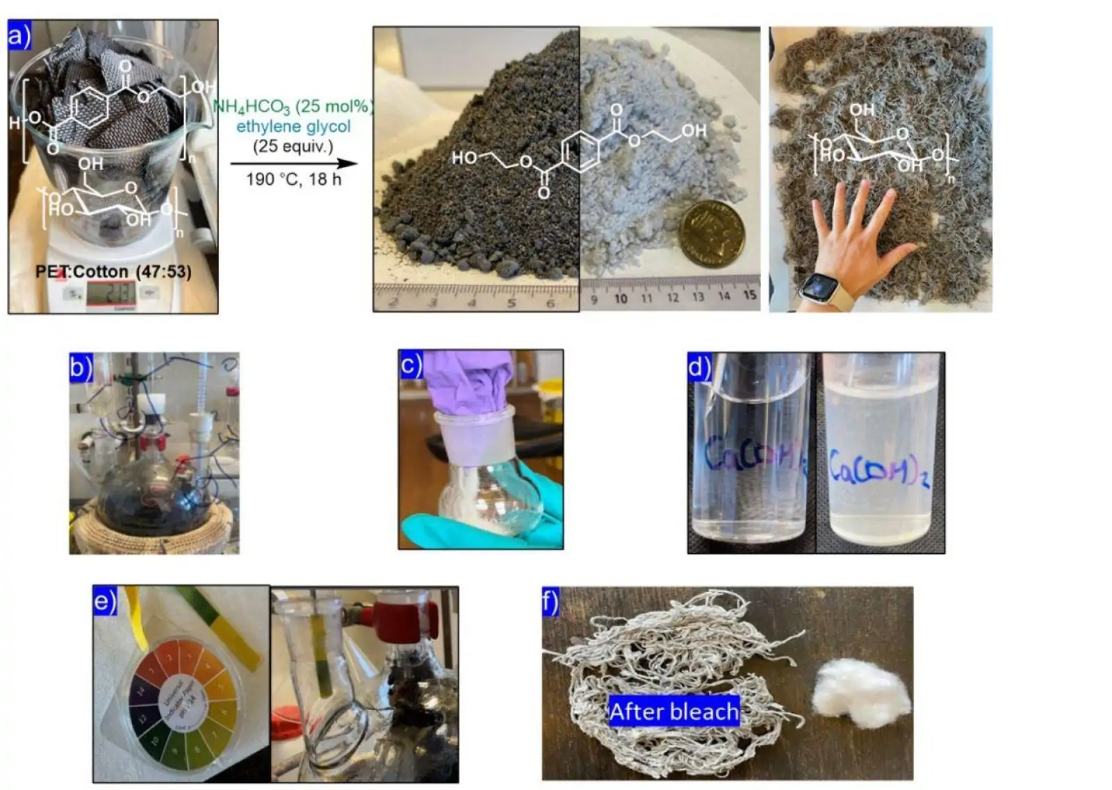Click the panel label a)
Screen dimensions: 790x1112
point(19,35)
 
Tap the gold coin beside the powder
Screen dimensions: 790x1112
point(711,235)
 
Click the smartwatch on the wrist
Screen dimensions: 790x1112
point(819,287)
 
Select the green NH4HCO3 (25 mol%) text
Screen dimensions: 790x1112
point(293,106)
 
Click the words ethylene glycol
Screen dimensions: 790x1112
point(293,126)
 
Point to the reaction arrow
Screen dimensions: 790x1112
point(293,164)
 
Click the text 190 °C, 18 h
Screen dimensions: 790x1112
point(293,179)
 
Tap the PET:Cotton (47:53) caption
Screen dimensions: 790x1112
point(113,272)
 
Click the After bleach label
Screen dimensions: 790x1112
point(673,711)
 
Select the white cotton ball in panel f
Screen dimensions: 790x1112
point(860,693)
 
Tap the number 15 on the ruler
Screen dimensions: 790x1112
point(749,295)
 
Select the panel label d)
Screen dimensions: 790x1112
point(699,366)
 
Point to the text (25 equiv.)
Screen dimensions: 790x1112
point(293,147)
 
